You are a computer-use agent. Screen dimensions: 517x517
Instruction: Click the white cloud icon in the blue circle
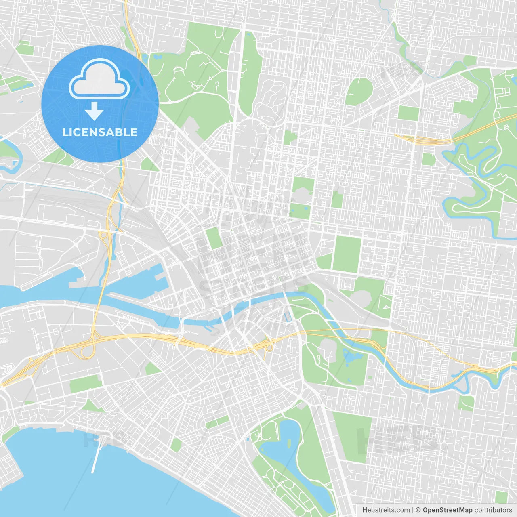99,79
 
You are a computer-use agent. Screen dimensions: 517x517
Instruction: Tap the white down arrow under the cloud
94,111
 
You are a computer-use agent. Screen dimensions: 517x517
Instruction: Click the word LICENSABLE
100,132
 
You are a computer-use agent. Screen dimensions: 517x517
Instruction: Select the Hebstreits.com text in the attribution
386,510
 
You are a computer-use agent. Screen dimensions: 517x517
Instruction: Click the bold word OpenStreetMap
448,510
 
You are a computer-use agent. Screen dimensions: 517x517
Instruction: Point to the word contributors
493,510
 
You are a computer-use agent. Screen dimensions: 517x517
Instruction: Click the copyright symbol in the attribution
418,510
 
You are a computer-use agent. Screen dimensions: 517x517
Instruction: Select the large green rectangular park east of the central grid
347,254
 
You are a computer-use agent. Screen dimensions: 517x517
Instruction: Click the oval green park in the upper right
359,91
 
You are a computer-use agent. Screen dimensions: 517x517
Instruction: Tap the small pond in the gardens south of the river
351,355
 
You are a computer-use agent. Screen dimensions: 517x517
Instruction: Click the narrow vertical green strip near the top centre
250,73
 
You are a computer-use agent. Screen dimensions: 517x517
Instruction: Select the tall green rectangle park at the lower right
351,436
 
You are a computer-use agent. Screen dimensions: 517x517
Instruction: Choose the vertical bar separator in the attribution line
413,510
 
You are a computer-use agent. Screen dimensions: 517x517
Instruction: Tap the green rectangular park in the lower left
84,383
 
